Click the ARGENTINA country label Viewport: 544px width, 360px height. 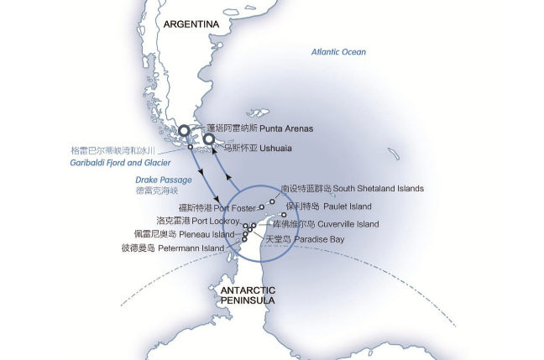coord(191,24)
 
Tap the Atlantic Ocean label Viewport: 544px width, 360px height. coord(338,52)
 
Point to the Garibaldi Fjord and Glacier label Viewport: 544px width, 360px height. coord(121,162)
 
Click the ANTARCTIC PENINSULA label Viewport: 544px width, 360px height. coord(248,295)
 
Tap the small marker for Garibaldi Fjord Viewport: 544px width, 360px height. coord(191,148)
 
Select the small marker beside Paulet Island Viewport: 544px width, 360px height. coord(284,215)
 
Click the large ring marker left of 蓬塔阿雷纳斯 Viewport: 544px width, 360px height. coord(184,130)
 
